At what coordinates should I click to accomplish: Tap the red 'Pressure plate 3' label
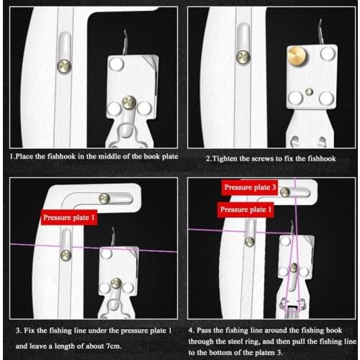[248, 188]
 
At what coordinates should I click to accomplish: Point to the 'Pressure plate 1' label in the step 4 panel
[246, 209]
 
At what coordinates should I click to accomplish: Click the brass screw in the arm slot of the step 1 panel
[63, 66]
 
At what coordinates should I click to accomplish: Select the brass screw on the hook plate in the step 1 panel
[130, 102]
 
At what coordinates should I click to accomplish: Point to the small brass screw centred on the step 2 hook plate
[308, 91]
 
